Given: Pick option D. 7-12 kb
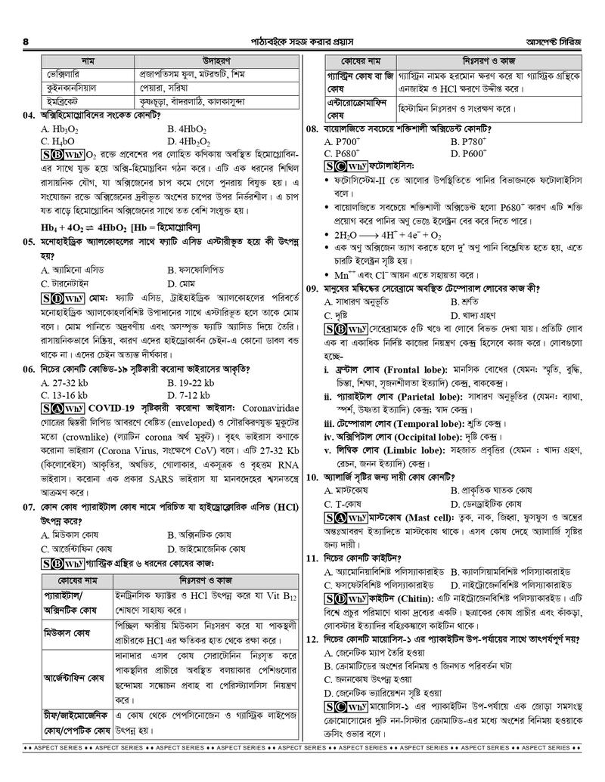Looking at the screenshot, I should click(x=189, y=395).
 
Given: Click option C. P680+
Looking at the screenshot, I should click(x=342, y=153).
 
